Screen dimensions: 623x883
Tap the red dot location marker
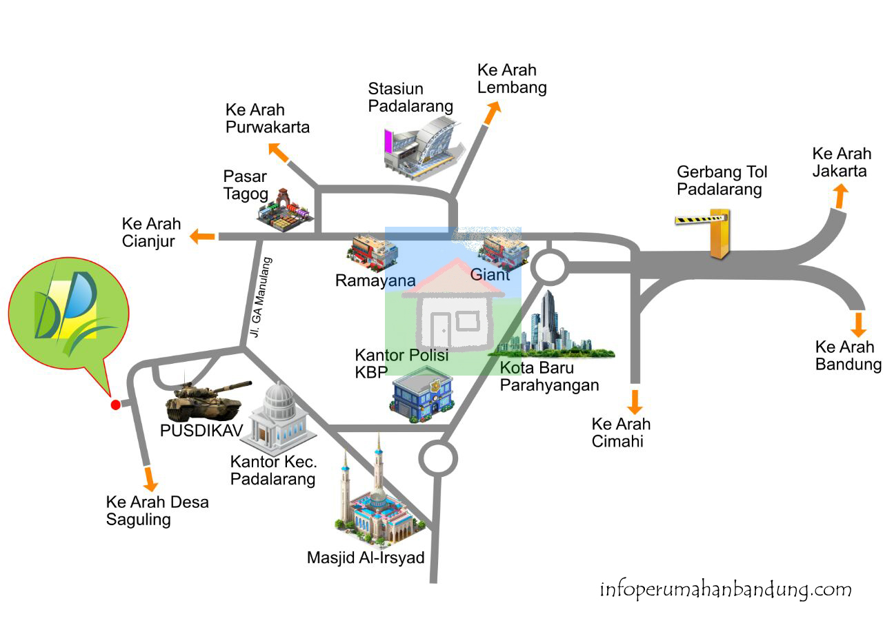pyautogui.click(x=116, y=405)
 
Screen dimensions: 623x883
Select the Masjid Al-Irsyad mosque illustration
pyautogui.click(x=376, y=500)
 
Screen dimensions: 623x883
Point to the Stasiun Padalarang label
pyautogui.click(x=410, y=97)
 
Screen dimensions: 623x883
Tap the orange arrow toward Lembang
pyautogui.click(x=492, y=112)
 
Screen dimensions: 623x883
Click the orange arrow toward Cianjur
pyautogui.click(x=202, y=236)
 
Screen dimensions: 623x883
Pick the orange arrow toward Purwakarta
pyautogui.click(x=279, y=152)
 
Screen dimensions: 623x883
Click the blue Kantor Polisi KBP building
pyautogui.click(x=421, y=395)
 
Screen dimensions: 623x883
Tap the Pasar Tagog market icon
pyautogui.click(x=285, y=210)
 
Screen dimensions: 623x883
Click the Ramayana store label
pyautogui.click(x=375, y=280)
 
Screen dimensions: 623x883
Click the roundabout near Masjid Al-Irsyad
pyautogui.click(x=439, y=458)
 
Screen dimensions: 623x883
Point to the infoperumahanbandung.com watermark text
pyautogui.click(x=726, y=590)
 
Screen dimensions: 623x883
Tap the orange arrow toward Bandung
pyautogui.click(x=858, y=323)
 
